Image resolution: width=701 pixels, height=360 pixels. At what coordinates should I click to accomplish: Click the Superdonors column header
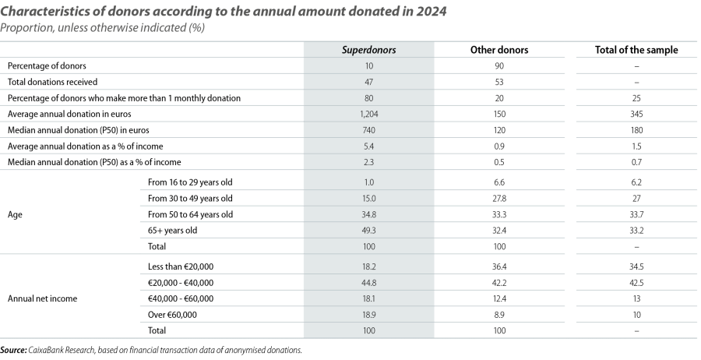[370, 50]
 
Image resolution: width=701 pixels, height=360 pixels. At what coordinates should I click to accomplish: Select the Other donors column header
[500, 50]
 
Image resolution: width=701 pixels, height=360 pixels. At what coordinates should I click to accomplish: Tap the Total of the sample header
[636, 50]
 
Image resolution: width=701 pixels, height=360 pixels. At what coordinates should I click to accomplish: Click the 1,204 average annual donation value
[370, 114]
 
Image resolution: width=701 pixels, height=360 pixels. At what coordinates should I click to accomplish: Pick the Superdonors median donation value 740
[370, 129]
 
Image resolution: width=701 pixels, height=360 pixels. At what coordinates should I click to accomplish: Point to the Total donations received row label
[51, 82]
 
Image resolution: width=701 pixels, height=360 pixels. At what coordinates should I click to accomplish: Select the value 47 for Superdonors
[370, 82]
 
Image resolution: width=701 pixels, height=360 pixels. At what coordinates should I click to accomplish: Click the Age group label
[16, 214]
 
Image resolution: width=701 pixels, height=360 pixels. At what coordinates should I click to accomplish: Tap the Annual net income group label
[37, 298]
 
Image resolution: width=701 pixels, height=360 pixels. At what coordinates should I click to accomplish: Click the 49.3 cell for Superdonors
[370, 231]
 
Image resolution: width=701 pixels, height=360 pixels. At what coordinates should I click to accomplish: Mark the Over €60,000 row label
[173, 314]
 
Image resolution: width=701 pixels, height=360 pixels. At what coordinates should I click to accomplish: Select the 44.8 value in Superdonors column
[370, 282]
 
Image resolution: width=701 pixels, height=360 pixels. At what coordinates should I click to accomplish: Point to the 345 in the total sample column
[636, 114]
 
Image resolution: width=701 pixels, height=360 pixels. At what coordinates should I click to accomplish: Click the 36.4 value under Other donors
[500, 266]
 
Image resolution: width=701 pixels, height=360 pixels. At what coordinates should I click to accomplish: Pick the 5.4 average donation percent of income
[370, 146]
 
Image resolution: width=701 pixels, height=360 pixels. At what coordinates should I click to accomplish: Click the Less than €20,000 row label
[180, 266]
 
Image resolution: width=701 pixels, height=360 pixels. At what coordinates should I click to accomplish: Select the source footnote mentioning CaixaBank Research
[152, 351]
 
